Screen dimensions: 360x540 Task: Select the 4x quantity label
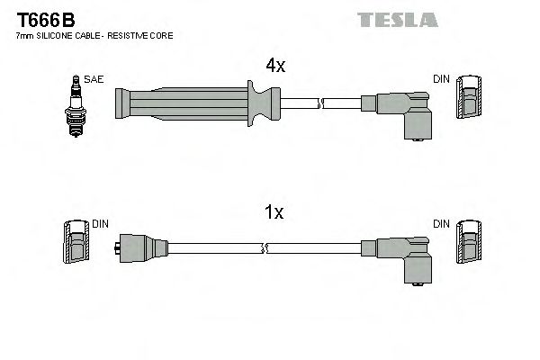tap(276, 65)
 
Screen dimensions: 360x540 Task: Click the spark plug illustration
tap(74, 106)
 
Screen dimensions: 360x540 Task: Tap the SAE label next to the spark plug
tap(93, 80)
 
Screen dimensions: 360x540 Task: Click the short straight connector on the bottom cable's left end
tap(142, 246)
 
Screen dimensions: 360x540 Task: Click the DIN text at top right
tap(440, 79)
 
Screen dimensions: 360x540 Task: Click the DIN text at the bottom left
tap(100, 222)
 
